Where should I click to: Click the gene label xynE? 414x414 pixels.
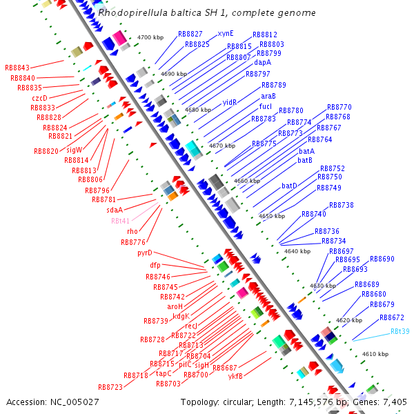[226, 33]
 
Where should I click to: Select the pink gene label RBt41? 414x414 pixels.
[120, 221]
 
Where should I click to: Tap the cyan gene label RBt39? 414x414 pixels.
[400, 331]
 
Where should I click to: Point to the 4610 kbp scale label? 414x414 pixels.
[375, 354]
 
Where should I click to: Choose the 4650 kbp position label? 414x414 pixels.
[271, 216]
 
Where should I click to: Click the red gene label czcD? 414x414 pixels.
[40, 98]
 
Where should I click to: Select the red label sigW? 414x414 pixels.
[75, 150]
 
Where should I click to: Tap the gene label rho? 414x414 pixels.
[132, 231]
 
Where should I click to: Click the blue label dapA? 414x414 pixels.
[263, 62]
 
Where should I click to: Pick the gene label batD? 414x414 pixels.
[289, 186]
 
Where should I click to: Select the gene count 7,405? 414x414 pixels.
[395, 402]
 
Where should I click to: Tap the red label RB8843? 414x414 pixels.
[17, 68]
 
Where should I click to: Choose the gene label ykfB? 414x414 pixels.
[235, 376]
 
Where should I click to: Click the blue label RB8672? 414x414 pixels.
[392, 317]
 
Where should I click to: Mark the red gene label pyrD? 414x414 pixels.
[145, 253]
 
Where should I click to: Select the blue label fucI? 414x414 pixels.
[266, 107]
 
